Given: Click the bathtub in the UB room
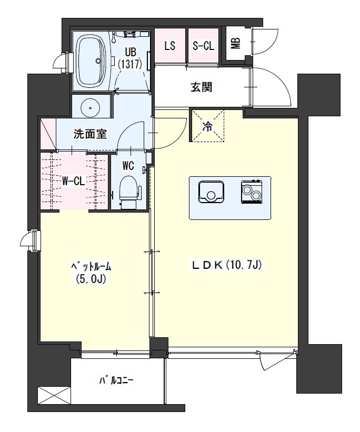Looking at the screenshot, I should pos(92,63).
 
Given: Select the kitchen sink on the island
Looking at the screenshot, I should pos(212,192).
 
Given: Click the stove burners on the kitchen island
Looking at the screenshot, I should pos(252,192).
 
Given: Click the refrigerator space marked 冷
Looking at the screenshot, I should pos(207,126).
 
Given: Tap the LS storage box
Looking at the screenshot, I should pos(169,46).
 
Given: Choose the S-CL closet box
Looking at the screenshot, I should pos(203,46).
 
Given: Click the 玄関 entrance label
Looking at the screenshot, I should pos(201,87).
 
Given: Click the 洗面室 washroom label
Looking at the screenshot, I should pos(90,134).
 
